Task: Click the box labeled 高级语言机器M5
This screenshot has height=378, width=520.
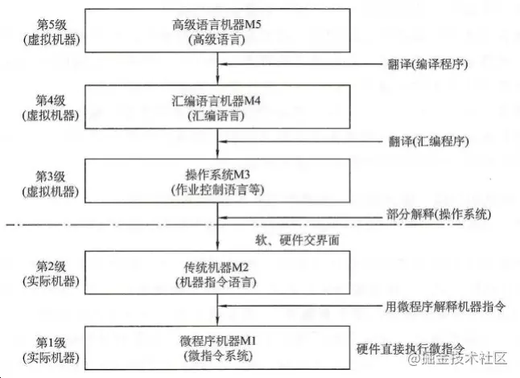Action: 218,31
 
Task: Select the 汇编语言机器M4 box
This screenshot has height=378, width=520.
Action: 218,106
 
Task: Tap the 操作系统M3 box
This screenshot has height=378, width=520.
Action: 218,183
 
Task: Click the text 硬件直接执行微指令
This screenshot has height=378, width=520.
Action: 411,348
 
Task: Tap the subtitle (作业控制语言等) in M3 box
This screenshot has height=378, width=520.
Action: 218,191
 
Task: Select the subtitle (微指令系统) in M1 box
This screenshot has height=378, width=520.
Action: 218,355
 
